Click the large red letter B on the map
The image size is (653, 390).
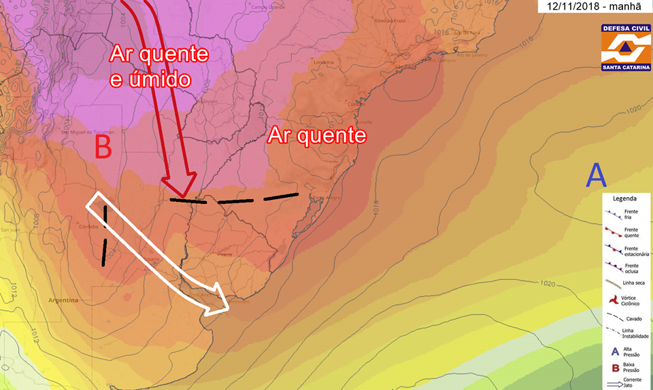coord(102,146)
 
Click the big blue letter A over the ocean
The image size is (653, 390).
coord(596,176)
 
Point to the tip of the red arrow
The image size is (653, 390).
coord(178,193)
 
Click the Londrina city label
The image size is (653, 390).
coord(323,63)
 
